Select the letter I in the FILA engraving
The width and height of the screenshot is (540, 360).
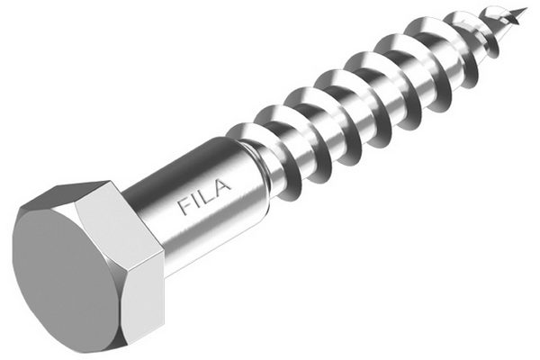[199, 201]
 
